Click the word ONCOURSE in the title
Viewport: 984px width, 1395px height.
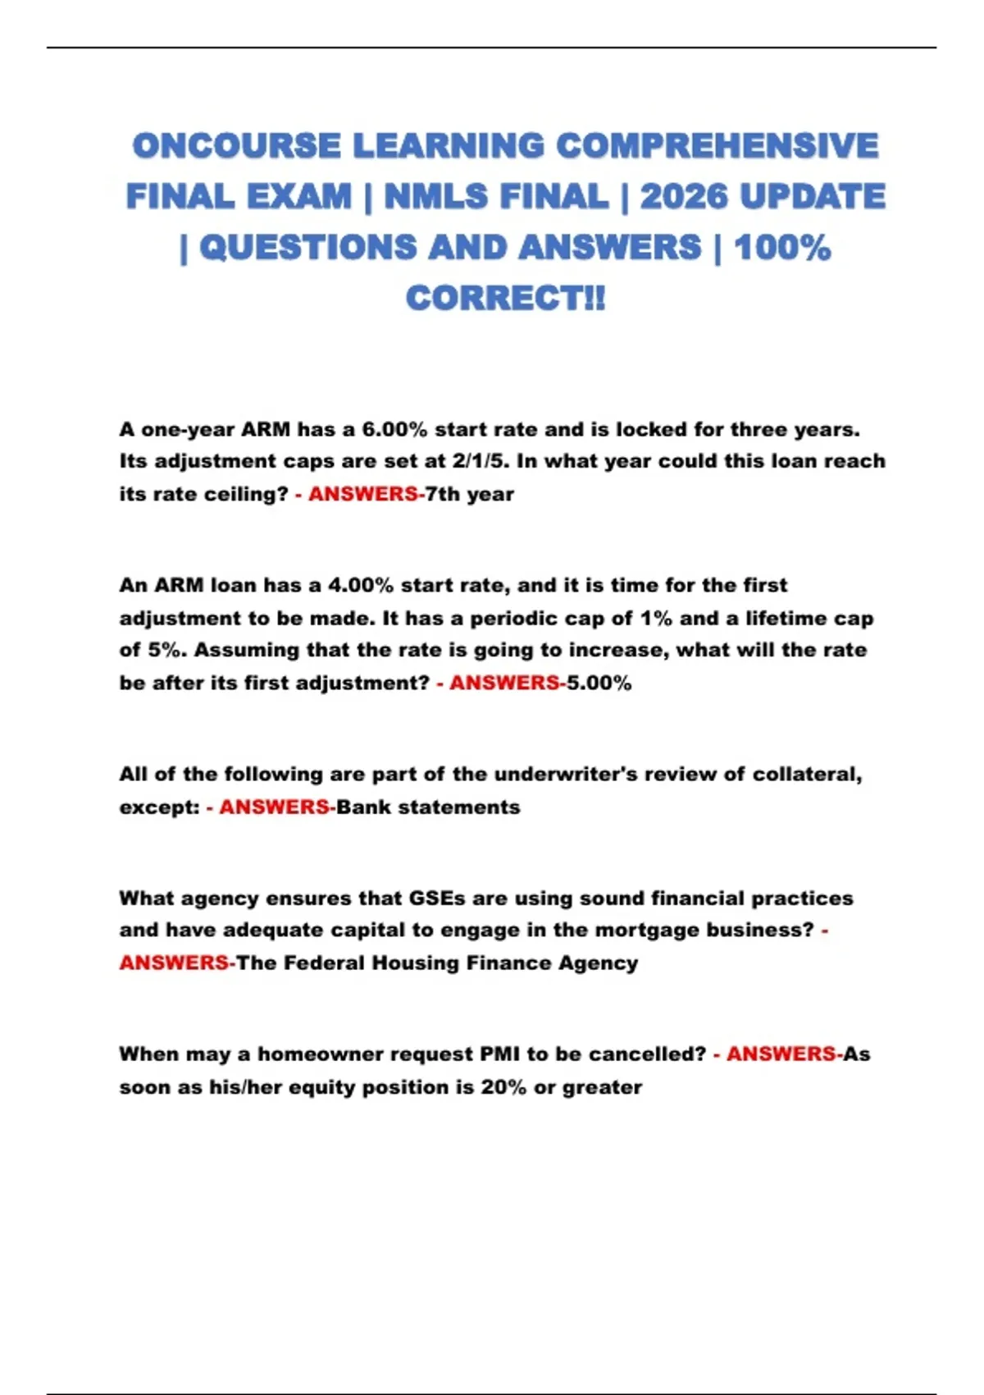236,146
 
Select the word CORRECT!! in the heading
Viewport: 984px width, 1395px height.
505,298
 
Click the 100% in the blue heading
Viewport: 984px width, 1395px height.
782,248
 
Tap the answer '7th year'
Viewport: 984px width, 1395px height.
470,494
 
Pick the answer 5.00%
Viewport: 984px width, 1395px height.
599,683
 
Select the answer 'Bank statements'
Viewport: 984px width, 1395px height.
428,807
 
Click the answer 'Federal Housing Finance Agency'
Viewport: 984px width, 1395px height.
460,963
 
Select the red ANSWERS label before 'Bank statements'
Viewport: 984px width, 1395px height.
274,807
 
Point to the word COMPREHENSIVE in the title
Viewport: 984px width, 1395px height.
717,146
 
